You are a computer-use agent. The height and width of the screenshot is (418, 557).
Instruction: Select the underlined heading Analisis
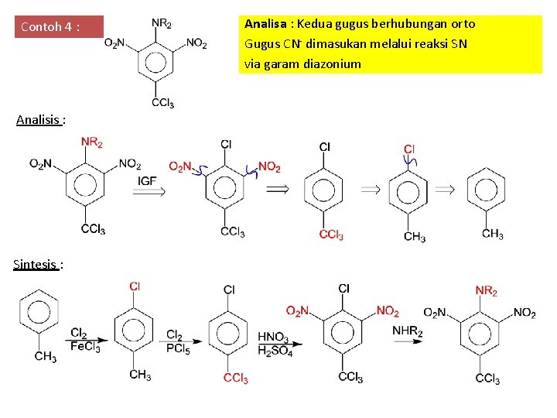pyautogui.click(x=39, y=119)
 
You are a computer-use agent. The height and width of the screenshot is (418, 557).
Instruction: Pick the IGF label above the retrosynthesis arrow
pyautogui.click(x=149, y=180)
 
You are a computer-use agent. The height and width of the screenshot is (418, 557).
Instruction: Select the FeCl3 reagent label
pyautogui.click(x=85, y=347)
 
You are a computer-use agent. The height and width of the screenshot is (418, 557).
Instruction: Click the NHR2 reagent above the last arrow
pyautogui.click(x=408, y=331)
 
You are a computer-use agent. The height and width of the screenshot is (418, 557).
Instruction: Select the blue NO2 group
pyautogui.click(x=269, y=167)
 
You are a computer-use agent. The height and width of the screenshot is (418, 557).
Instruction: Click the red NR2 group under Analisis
pyautogui.click(x=92, y=142)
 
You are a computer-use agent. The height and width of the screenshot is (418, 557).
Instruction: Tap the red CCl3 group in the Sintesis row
pyautogui.click(x=235, y=379)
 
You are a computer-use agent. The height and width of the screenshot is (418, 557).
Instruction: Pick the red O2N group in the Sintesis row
pyautogui.click(x=299, y=311)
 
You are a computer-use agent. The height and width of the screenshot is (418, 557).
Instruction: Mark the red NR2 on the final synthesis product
pyautogui.click(x=487, y=290)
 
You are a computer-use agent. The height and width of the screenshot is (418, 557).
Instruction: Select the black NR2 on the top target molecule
pyautogui.click(x=162, y=24)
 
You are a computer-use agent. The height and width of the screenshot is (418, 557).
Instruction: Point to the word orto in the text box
pyautogui.click(x=462, y=24)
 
